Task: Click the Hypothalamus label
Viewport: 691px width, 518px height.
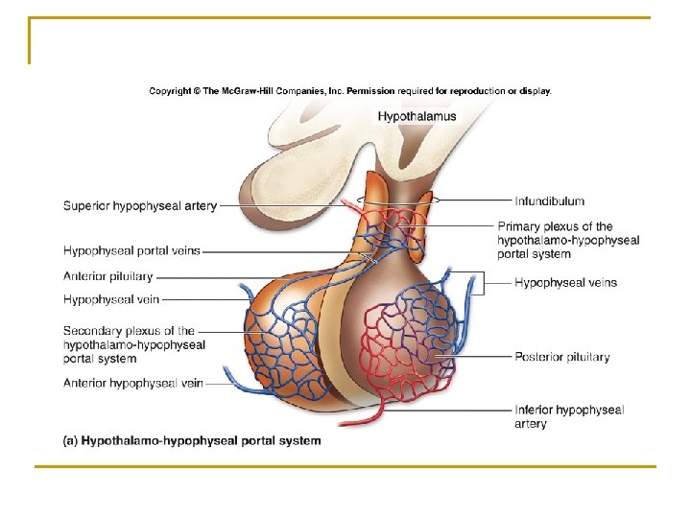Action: tap(417, 116)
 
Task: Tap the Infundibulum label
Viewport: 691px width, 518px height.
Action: tap(549, 200)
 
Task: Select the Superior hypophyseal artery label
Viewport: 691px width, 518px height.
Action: tap(140, 205)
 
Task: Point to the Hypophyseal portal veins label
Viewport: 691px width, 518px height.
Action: tap(131, 250)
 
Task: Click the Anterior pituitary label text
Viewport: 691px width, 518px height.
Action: tap(107, 276)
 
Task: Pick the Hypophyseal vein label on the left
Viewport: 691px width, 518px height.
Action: tap(111, 299)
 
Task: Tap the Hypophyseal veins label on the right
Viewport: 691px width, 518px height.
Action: tap(565, 282)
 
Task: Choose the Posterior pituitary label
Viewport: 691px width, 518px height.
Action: tap(561, 357)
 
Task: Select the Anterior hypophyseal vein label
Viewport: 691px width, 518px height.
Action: tap(133, 383)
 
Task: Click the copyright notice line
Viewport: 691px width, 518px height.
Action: tap(350, 91)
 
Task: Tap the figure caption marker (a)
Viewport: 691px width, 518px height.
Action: tap(70, 441)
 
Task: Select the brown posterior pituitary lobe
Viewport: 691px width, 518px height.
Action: tap(384, 288)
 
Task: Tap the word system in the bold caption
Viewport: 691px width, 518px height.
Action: tap(298, 441)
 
